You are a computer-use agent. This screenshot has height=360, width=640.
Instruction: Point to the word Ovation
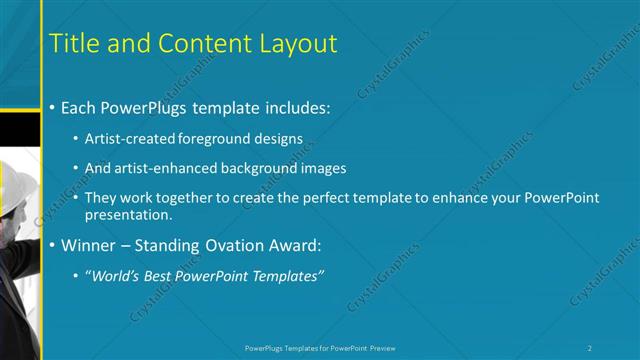pyautogui.click(x=234, y=245)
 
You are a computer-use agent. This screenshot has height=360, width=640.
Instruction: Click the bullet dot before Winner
pyautogui.click(x=52, y=246)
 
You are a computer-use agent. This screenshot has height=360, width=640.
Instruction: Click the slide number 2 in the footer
pyautogui.click(x=590, y=347)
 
